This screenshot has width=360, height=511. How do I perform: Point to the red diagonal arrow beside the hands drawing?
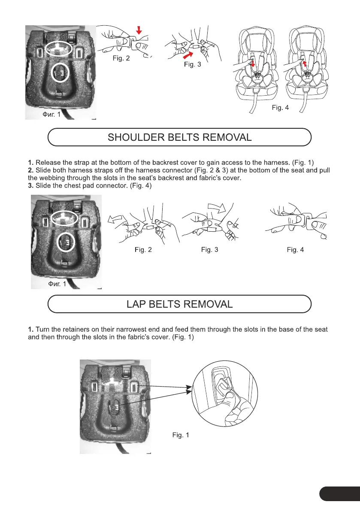tap(188, 54)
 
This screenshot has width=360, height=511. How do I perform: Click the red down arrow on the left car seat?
tap(253, 64)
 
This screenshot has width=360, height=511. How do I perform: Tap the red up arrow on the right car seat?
tap(304, 63)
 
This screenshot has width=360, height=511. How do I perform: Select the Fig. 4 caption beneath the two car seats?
tap(280, 108)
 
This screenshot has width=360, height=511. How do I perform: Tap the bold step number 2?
tap(30, 170)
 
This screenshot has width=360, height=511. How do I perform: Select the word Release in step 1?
tap(48, 163)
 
